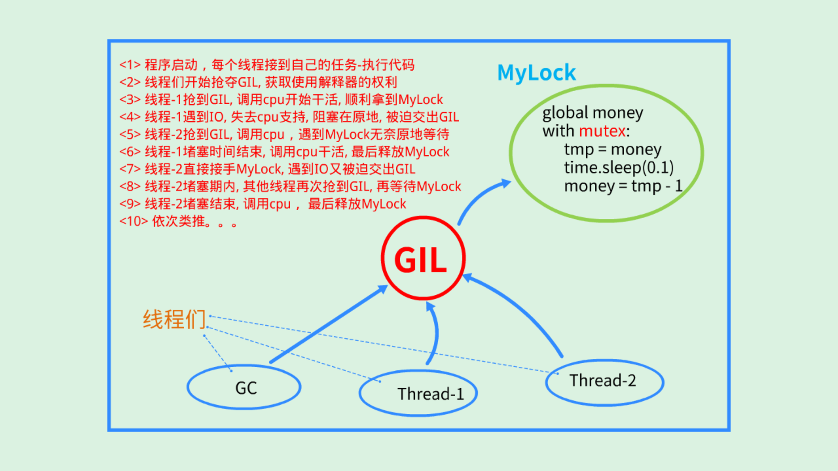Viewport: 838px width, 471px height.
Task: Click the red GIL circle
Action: [422, 258]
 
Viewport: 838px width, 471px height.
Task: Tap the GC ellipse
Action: [244, 387]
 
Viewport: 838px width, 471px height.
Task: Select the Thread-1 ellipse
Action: [418, 393]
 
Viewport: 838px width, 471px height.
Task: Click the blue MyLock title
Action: [536, 72]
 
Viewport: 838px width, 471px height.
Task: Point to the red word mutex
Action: [602, 131]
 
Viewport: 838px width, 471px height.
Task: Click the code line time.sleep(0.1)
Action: [618, 167]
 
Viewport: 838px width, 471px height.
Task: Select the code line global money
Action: [592, 113]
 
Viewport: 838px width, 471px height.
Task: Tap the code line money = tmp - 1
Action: [623, 186]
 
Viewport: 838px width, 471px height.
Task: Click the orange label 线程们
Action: [174, 319]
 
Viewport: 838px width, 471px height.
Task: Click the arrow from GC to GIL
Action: [327, 325]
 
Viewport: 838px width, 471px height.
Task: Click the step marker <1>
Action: [130, 65]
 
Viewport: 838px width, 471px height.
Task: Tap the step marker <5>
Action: [130, 134]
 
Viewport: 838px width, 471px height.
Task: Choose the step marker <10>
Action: [133, 221]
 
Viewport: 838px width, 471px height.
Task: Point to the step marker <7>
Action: [130, 169]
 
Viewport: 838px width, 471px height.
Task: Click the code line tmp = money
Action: [612, 149]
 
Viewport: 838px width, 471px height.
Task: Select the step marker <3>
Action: [130, 100]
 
